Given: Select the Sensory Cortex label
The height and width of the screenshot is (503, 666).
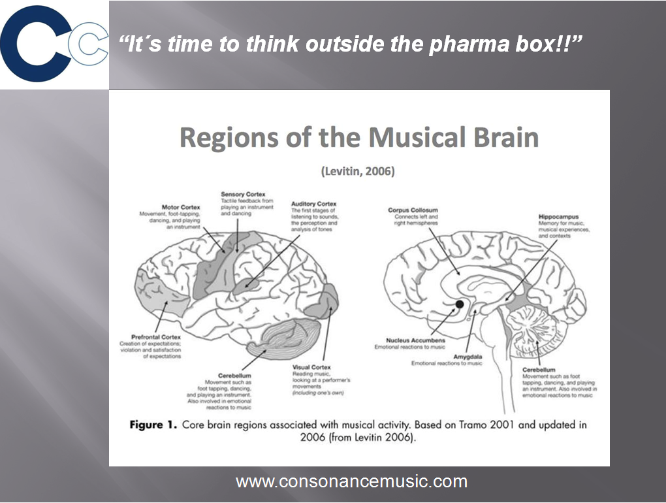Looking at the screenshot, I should (243, 194).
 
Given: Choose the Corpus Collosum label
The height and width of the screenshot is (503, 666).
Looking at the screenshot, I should (409, 210).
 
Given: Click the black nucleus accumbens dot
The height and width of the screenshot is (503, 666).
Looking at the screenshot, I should (460, 304).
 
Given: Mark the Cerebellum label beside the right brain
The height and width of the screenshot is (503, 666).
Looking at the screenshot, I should (539, 370).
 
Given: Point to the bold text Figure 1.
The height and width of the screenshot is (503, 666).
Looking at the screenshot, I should (153, 425).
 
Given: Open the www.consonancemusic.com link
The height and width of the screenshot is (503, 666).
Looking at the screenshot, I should (351, 482).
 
